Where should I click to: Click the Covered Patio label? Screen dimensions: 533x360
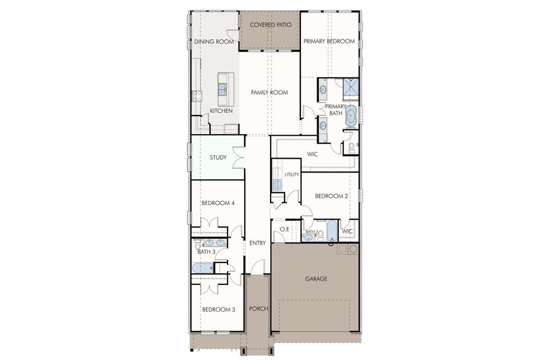coord(271,25)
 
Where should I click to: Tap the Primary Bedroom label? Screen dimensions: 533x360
coord(329,42)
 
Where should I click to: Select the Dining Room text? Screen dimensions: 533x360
coord(214,42)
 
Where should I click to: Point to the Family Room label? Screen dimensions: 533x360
coord(270,93)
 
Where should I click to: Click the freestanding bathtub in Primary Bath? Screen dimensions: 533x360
coord(351,115)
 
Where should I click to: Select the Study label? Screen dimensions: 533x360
coord(218,158)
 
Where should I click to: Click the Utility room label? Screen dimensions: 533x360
coord(291,175)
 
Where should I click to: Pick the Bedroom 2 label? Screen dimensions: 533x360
coord(332,196)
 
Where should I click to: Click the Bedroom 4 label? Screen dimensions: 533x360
coord(218,203)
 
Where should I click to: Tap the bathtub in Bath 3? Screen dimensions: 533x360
coord(203,268)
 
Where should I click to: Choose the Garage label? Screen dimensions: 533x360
coord(316,279)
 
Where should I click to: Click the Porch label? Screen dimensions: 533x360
coord(258,308)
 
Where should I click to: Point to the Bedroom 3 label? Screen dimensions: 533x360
coord(219,310)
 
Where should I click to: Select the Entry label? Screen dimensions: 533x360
coord(257,243)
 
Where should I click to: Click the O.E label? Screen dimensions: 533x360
coord(284,229)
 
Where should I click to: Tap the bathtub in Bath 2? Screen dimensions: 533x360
coord(332,231)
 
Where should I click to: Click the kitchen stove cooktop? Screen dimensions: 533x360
coord(197,96)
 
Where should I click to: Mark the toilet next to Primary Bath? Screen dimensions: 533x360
coord(351,147)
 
